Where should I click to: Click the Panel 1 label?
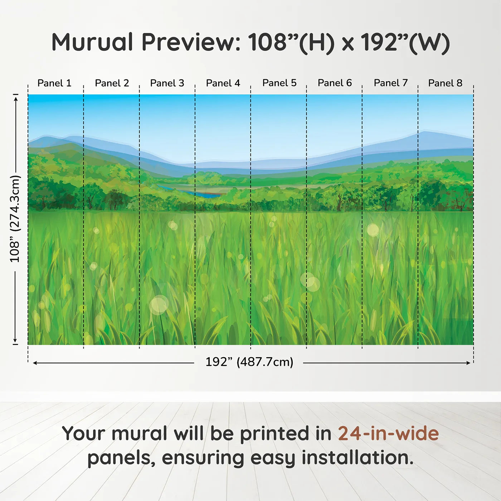(54, 83)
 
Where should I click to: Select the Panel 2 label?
(112, 83)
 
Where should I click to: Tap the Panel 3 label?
(167, 83)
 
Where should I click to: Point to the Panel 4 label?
(223, 83)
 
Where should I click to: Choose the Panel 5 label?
(279, 83)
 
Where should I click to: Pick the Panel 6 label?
(335, 83)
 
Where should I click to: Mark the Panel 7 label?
(390, 83)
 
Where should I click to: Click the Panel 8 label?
(445, 83)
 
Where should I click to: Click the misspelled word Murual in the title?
(92, 42)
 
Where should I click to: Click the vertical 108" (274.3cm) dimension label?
(15, 219)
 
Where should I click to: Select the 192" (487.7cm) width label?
(249, 362)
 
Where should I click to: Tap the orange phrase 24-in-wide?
(388, 433)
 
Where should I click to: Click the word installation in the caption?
(357, 458)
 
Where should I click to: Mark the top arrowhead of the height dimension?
(15, 98)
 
